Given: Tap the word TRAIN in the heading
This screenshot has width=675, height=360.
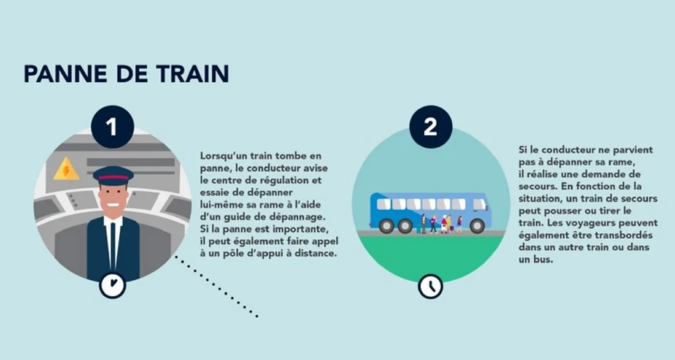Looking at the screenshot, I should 190,74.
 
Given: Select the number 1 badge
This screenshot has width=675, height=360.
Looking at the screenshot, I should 112,126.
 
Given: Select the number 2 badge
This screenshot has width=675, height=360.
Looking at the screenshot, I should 430,126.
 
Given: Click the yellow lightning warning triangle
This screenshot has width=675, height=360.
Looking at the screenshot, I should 66,170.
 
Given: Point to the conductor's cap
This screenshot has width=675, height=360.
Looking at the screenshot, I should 113,176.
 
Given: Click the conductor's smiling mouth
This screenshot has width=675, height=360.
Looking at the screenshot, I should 113,206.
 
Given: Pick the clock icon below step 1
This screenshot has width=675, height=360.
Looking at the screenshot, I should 112,285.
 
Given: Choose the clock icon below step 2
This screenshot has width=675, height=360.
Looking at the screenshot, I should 430,286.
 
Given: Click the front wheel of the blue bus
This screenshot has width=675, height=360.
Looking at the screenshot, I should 477,226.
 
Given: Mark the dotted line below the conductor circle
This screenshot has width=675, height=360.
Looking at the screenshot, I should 215,286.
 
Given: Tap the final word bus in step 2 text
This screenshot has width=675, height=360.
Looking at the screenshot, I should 527,259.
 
